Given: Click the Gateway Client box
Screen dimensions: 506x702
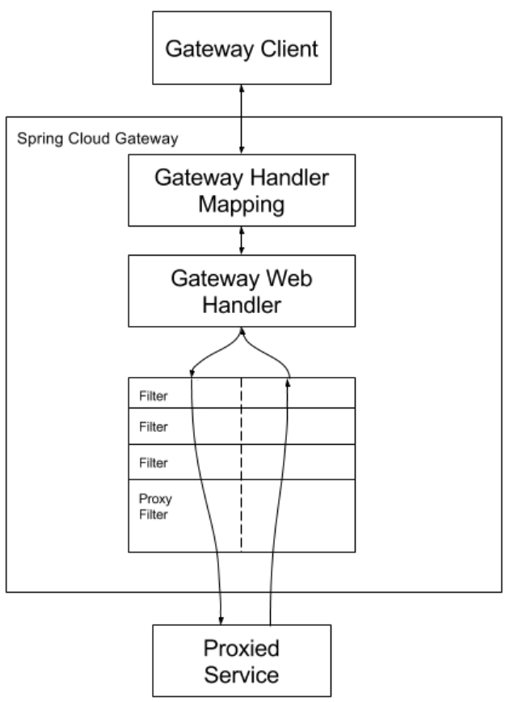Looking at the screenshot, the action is tap(242, 48).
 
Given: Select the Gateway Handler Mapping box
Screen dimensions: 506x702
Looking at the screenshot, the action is tap(242, 190).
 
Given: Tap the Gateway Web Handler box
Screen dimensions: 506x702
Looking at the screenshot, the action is tap(242, 291).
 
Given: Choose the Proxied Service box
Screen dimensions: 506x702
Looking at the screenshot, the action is tap(242, 661).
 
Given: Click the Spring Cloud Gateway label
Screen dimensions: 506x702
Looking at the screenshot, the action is tap(98, 139).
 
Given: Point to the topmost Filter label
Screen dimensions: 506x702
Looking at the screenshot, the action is tap(154, 395).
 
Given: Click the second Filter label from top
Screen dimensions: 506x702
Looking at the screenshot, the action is tap(154, 427).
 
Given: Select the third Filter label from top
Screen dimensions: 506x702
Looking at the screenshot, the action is tap(154, 463).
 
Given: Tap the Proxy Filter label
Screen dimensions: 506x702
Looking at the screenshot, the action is tap(155, 506).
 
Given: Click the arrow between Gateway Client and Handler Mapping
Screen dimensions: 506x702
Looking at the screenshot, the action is tap(242, 119).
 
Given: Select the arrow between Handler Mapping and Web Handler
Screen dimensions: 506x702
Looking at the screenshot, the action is tap(242, 241).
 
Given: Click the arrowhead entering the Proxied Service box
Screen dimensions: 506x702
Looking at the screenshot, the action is tap(221, 620).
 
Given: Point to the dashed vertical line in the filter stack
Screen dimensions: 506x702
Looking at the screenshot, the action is tap(241, 465).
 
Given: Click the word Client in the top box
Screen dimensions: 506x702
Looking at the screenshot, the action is tap(289, 49).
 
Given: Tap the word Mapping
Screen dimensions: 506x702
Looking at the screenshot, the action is tap(241, 205).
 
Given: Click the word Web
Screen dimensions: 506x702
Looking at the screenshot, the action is tap(289, 278).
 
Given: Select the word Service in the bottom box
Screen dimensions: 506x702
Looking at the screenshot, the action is tap(242, 675).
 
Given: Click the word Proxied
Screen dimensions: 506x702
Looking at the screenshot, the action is tap(242, 648).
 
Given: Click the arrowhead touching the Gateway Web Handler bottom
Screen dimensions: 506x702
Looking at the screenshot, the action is tap(242, 332).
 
